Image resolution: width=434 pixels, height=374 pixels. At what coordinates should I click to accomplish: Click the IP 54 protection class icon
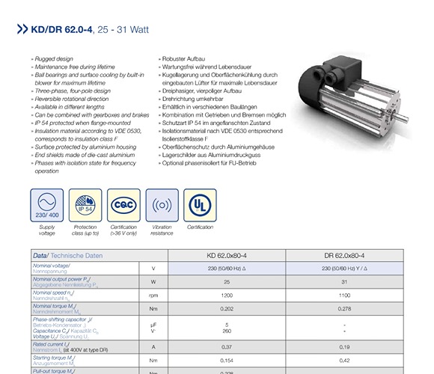click(x=85, y=204)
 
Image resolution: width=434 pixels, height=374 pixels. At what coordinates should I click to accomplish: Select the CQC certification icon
click(x=123, y=204)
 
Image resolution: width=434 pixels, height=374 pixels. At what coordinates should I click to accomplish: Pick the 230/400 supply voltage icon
click(x=47, y=204)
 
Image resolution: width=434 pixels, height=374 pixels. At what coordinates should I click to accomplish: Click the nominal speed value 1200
click(x=227, y=295)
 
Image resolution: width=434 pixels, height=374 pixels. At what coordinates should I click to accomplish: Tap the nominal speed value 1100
click(x=344, y=295)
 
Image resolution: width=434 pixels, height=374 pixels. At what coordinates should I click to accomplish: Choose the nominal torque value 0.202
click(x=227, y=308)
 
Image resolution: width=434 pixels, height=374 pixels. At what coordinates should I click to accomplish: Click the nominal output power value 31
click(x=344, y=281)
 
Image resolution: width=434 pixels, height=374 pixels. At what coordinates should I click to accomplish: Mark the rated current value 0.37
click(x=227, y=346)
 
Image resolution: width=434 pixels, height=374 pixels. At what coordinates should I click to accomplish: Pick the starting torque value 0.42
click(x=344, y=360)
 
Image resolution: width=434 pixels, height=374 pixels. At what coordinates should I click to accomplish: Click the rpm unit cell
click(x=153, y=295)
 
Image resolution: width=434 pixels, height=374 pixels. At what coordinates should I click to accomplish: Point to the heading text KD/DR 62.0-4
click(x=62, y=31)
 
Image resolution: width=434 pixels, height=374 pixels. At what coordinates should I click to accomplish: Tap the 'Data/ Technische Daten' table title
click(x=67, y=255)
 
